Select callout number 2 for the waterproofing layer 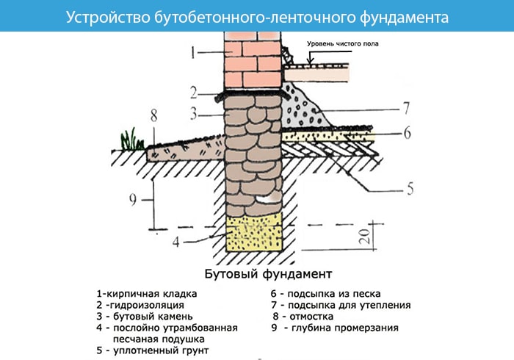[x=192, y=93]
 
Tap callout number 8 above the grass [x=153, y=115]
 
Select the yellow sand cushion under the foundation [x=254, y=234]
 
